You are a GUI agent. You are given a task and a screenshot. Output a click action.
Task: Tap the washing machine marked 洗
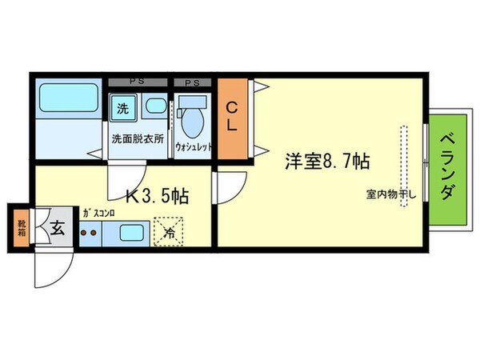click(x=123, y=107)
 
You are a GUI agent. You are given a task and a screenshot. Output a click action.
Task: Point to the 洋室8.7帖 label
click(x=328, y=161)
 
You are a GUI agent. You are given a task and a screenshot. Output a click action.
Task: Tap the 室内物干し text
click(x=394, y=194)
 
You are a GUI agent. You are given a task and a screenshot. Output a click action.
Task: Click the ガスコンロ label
click(x=99, y=213)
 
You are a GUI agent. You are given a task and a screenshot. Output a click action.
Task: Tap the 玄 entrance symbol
click(x=58, y=228)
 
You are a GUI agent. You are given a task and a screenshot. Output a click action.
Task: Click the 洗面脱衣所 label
click(x=138, y=138)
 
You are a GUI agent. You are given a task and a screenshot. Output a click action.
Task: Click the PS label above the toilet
click(x=192, y=82)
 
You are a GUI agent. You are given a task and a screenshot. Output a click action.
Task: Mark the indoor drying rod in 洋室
click(x=405, y=164)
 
